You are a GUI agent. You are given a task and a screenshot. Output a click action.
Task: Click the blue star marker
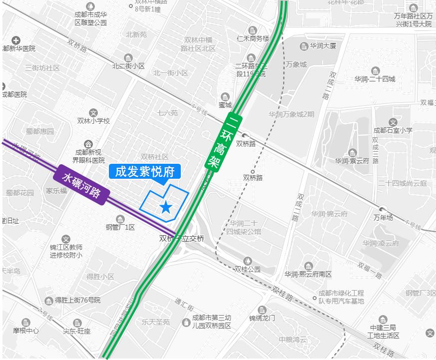point(165,207)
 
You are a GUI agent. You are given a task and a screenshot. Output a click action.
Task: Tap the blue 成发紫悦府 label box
point(144,172)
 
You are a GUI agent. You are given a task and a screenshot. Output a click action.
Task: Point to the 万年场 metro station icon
point(383,209)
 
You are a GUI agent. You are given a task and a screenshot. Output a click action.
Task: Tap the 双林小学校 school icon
point(93,113)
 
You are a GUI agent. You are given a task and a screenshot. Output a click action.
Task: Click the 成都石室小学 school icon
point(393,122)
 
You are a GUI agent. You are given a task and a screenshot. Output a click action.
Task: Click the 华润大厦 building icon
point(304,46)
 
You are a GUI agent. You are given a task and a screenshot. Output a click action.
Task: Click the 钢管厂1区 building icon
point(120,219)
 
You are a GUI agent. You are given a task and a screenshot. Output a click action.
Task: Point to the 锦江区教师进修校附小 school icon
point(66,239)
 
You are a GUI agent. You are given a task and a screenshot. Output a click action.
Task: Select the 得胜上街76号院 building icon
point(49,301)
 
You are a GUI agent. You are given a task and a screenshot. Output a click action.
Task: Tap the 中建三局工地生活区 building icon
point(383,320)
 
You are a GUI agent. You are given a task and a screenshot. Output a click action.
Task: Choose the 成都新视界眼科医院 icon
point(88,144)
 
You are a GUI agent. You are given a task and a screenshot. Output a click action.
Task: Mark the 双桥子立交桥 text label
point(182,239)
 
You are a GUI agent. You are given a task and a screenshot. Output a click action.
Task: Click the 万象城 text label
point(296,64)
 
